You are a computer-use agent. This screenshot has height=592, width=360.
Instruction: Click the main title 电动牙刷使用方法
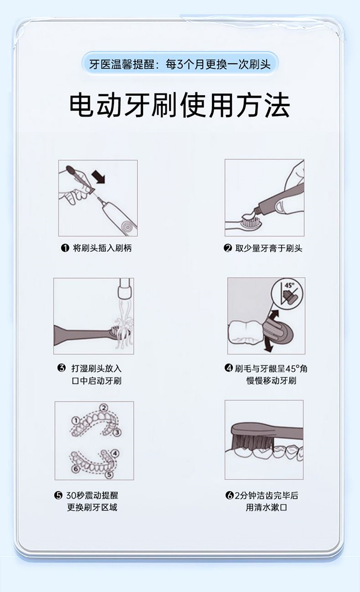pyautogui.click(x=180, y=105)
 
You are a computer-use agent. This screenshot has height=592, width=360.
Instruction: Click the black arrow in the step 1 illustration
pyautogui.click(x=98, y=177)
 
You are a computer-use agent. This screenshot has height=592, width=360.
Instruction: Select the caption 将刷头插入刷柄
pyautogui.click(x=102, y=248)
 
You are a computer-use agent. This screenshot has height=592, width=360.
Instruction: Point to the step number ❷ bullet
pyautogui.click(x=228, y=248)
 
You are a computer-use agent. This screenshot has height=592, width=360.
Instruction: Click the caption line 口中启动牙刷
pyautogui.click(x=97, y=381)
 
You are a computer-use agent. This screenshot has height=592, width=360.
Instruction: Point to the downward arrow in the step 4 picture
pyautogui.click(x=268, y=346)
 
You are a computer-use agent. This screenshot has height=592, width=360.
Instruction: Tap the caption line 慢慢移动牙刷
pyautogui.click(x=272, y=381)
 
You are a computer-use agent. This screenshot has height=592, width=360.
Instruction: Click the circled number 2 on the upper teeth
pyautogui.click(x=104, y=408)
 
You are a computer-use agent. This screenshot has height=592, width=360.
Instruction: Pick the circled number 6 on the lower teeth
pyautogui.click(x=75, y=469)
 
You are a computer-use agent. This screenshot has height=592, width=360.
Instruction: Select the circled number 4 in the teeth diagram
pyautogui.click(x=114, y=453)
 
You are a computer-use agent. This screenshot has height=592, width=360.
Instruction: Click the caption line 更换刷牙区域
pyautogui.click(x=92, y=508)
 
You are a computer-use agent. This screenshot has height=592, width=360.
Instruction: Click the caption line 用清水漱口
pyautogui.click(x=266, y=508)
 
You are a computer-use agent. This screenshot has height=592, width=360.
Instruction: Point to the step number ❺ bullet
pyautogui.click(x=58, y=495)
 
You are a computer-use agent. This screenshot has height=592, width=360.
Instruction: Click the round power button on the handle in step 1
pyautogui.click(x=126, y=226)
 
